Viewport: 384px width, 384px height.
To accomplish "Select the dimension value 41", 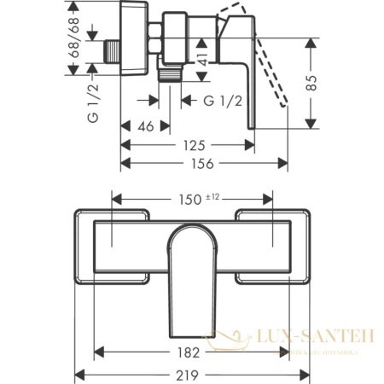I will coord(203,59).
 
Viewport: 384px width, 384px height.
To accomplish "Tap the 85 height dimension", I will coord(317,84).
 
